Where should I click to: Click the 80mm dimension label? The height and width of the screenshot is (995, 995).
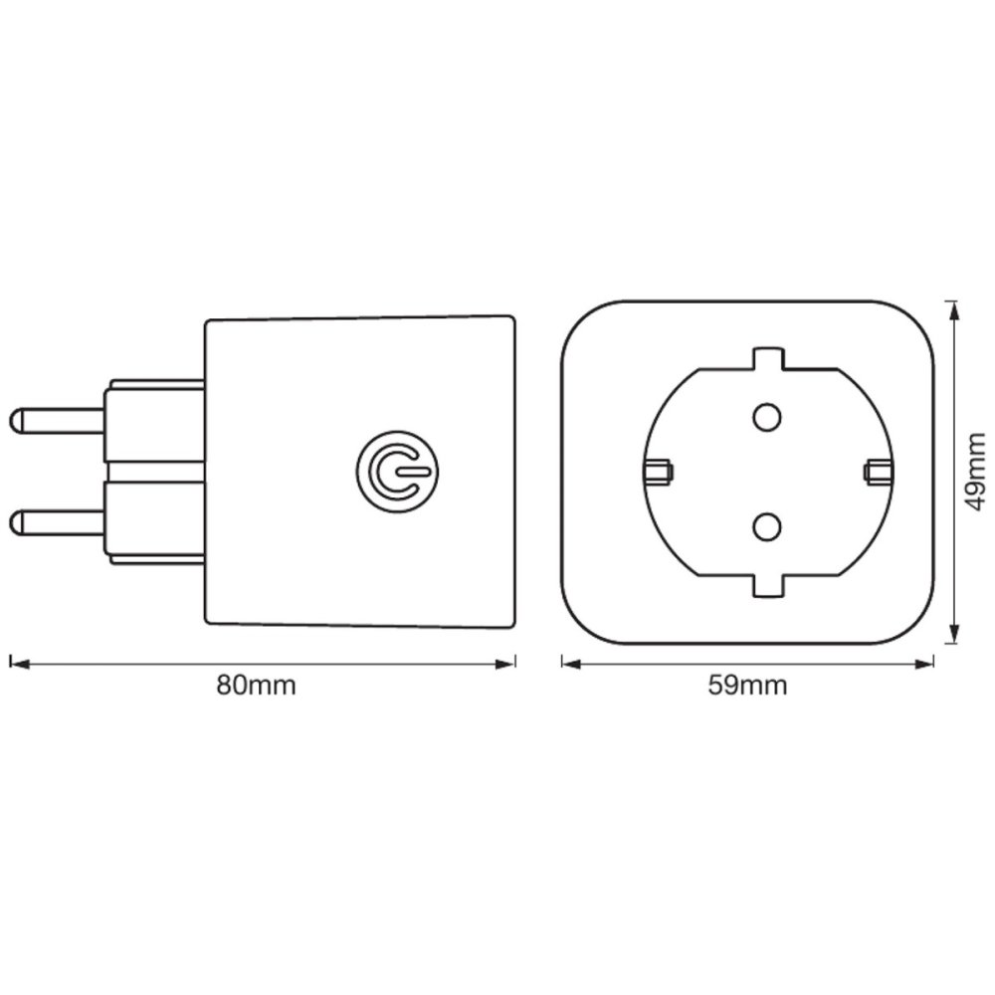257,686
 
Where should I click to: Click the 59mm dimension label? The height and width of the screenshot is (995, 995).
747,686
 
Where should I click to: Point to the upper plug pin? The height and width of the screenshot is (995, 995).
57,421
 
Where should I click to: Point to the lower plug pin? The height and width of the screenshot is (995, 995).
57,521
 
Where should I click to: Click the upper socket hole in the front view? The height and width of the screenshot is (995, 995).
766,417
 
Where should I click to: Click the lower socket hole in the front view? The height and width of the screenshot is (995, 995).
766,526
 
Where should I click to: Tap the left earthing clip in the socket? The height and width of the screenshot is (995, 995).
658,472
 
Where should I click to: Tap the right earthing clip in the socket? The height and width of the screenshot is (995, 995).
879,472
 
